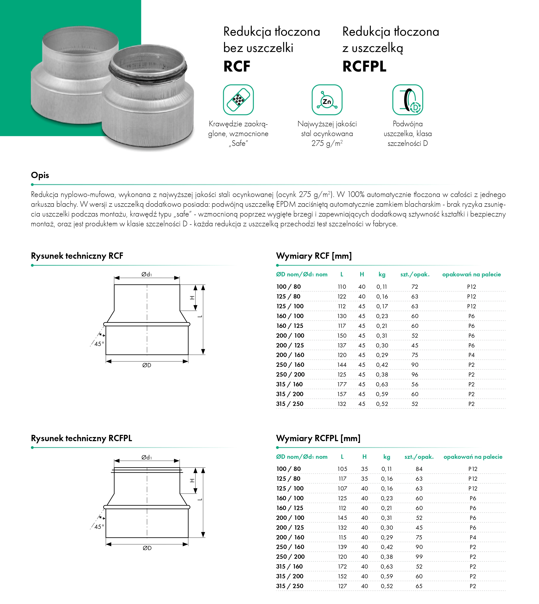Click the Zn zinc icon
click(327, 100)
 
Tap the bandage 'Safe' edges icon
click(238, 100)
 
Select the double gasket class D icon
click(408, 100)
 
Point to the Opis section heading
click(40, 175)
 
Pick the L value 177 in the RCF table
click(342, 384)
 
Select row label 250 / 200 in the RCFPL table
click(290, 557)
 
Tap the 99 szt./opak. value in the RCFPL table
click(419, 557)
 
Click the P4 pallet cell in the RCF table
click(471, 355)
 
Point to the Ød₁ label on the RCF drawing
click(147, 274)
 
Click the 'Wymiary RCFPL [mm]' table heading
click(318, 438)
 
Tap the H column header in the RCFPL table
click(364, 457)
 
